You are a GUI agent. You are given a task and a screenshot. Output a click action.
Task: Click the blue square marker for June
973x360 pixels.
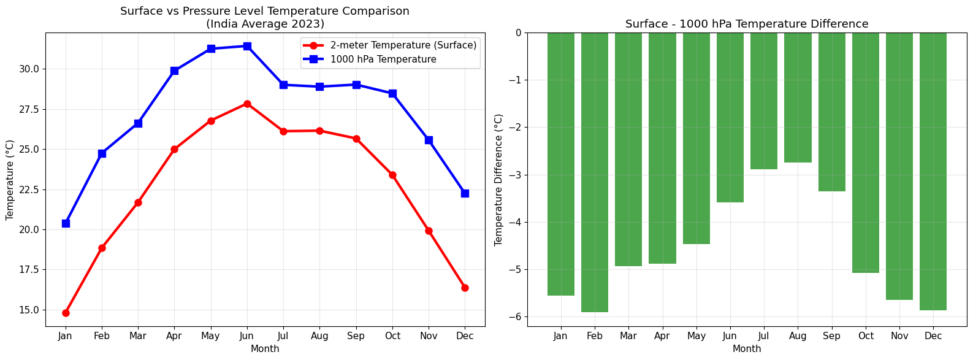tap(247, 46)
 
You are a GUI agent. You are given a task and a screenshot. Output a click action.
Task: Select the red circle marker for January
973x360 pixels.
tap(66, 313)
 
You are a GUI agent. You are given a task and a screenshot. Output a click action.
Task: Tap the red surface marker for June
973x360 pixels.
tap(247, 104)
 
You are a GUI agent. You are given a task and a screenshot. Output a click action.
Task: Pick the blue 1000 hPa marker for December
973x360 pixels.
tap(465, 193)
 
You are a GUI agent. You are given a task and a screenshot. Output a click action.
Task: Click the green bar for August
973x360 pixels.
tap(798, 98)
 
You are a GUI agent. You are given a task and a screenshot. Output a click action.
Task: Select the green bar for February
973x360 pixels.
tap(594, 172)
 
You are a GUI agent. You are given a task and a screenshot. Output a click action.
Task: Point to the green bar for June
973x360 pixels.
tap(730, 117)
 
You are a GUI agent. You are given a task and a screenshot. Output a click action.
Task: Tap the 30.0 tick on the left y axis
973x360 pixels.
tap(29, 69)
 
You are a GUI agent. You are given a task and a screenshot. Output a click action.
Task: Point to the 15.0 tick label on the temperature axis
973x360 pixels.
tap(29, 310)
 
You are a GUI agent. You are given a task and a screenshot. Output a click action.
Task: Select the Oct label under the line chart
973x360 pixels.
tap(392, 335)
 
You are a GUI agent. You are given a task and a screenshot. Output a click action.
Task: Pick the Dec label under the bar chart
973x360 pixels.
tap(933, 335)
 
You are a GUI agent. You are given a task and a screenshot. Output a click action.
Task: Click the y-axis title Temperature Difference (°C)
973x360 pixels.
tap(498, 180)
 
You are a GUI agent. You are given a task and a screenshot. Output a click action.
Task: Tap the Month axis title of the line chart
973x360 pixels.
tap(265, 349)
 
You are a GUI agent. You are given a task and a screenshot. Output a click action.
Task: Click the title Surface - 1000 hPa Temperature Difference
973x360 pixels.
tap(747, 24)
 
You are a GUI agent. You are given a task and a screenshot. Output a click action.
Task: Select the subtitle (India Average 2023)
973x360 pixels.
tap(265, 23)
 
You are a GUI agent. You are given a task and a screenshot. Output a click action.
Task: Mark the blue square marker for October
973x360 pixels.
tap(392, 93)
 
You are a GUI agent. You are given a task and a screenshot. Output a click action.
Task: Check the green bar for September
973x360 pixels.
tap(831, 112)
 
